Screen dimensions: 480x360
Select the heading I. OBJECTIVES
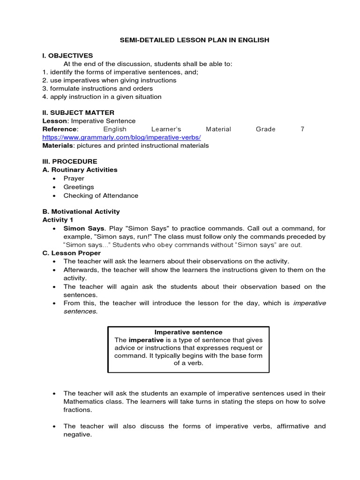coord(67,56)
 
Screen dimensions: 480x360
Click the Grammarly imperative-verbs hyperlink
coord(121,137)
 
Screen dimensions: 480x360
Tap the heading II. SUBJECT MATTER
coord(78,112)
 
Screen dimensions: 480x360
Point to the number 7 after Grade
coord(302,129)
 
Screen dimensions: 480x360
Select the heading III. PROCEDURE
coord(70,161)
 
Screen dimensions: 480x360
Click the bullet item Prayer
coord(74,178)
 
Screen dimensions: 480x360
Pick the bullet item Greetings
coord(79,187)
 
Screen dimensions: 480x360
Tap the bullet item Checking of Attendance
coord(101,195)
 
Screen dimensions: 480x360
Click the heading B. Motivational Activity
coord(81,211)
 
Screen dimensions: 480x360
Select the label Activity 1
coord(58,220)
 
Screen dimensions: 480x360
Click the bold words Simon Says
coord(84,228)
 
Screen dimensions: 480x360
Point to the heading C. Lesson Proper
coord(71,253)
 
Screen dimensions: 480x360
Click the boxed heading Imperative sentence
coord(188,332)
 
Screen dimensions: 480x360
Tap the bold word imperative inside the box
coord(146,339)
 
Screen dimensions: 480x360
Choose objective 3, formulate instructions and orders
coord(97,88)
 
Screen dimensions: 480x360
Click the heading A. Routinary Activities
coord(80,170)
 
